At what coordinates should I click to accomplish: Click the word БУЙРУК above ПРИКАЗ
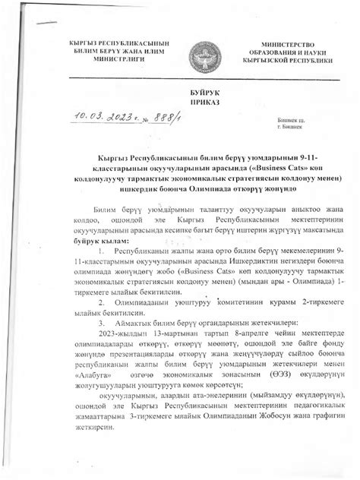(x=181, y=91)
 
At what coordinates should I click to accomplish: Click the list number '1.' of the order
(x=100, y=250)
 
